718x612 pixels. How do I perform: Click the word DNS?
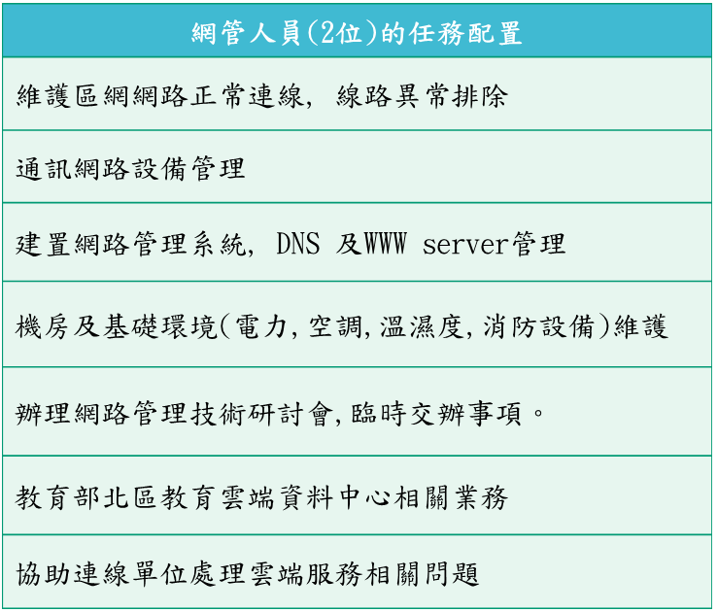298,243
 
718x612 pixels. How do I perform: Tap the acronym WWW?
385,243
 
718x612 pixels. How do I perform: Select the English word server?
465,245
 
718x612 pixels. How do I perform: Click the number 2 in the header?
327,32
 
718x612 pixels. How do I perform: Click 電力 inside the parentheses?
261,326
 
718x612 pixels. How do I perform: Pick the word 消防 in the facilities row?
509,326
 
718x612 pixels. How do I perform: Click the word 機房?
42,326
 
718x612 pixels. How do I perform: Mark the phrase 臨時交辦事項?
436,413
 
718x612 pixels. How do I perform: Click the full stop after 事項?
538,413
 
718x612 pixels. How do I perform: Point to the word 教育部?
56,497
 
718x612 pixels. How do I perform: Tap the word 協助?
42,574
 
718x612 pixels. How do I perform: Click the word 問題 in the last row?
452,574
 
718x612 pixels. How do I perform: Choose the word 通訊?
42,169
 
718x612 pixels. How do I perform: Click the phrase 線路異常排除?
423,96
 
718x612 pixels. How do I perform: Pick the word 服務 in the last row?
334,574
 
